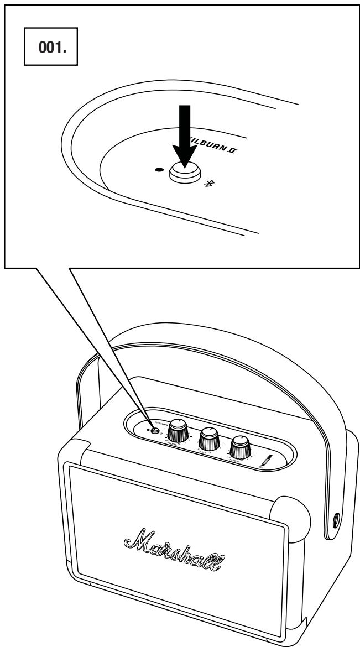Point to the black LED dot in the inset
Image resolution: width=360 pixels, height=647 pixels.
point(160,170)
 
